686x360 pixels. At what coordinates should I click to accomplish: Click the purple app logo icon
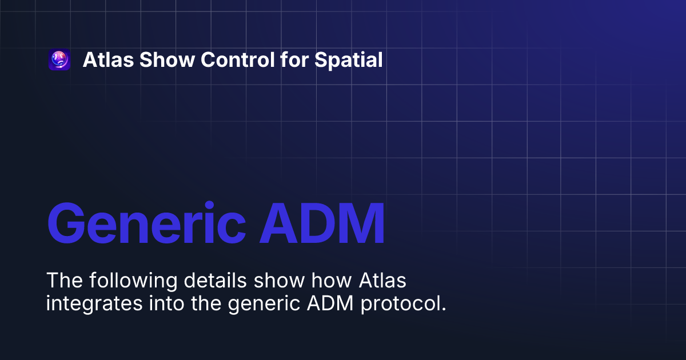(x=59, y=60)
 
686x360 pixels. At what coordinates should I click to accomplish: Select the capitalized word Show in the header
(x=151, y=60)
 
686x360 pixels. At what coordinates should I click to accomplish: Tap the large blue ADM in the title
(x=321, y=223)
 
